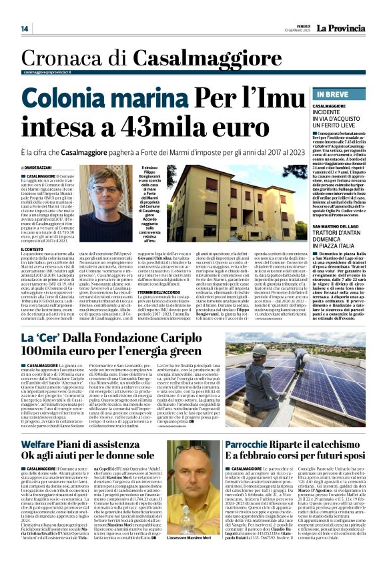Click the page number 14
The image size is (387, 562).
coord(25,29)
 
